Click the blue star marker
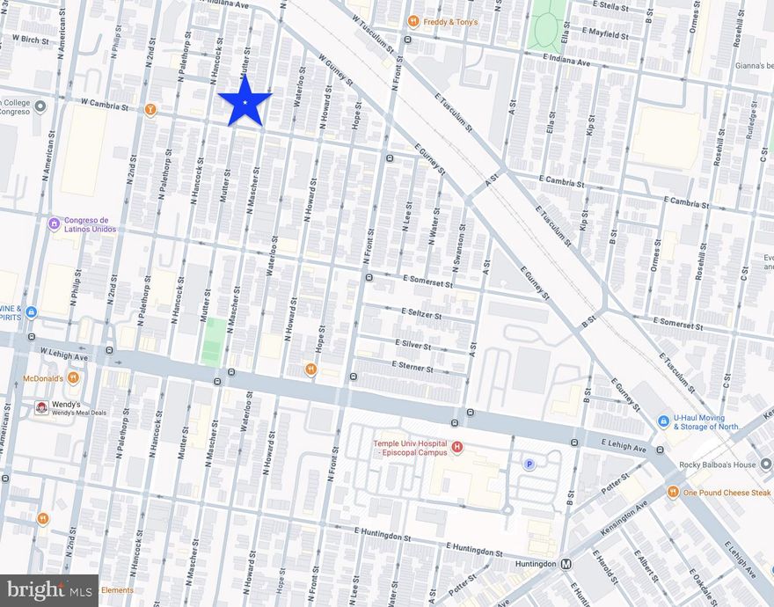[x=245, y=101]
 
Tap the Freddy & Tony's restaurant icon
[x=412, y=21]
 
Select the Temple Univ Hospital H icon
[x=456, y=448]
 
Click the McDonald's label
[x=42, y=378]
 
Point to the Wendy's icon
[x=40, y=407]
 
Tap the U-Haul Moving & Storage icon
[x=663, y=421]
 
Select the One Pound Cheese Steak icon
[x=673, y=492]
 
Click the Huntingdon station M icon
[x=566, y=564]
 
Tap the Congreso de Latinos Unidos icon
[x=54, y=223]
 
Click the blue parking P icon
[x=529, y=464]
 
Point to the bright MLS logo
[x=48, y=590]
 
